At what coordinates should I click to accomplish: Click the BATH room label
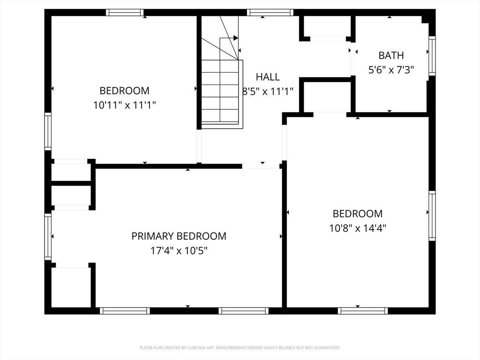point(391,55)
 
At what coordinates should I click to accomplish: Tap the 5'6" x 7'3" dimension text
point(391,70)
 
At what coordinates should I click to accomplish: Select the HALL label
point(268,77)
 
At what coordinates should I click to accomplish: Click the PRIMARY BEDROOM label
point(179,236)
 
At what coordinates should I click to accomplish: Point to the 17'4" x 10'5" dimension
point(179,251)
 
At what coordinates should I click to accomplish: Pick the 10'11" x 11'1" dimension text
point(124,105)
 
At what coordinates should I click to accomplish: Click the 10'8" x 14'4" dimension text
point(357,228)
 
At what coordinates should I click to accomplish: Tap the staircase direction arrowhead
point(235,37)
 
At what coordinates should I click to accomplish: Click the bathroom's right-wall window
point(432,56)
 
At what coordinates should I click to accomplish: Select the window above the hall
point(270,13)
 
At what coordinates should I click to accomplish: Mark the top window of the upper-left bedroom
point(124,13)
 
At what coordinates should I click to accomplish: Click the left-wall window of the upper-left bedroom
point(48,132)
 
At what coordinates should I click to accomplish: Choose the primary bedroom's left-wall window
point(48,237)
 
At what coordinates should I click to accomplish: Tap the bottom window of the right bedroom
point(363,310)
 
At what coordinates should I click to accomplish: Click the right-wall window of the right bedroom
point(432,216)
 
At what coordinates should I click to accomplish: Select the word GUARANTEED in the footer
point(327,348)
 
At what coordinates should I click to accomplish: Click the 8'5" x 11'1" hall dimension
point(268,91)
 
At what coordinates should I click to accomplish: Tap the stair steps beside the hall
point(220,91)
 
